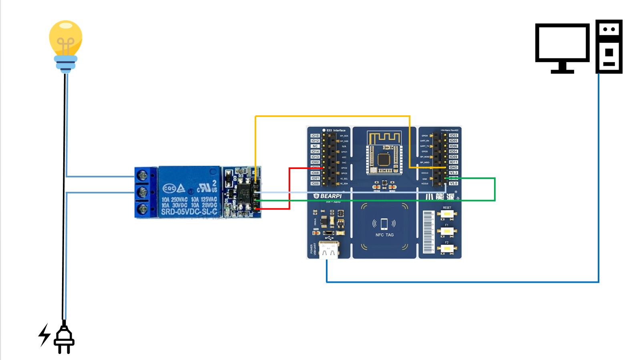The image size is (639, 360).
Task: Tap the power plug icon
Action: point(64,338)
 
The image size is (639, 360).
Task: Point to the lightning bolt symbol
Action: point(44,334)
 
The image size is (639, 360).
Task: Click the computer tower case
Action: point(609,46)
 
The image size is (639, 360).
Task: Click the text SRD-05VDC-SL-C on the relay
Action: point(189,211)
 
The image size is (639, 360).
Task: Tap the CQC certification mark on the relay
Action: point(169,188)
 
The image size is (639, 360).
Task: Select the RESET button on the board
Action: point(447,214)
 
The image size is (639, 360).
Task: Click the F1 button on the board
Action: point(447,231)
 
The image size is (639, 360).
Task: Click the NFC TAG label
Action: point(384,235)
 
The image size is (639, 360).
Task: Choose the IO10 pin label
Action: point(315,136)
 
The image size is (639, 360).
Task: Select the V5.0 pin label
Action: point(453,183)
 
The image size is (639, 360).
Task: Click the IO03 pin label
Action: point(453,135)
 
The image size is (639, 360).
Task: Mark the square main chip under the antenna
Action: point(384,159)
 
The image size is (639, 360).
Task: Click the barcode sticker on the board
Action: point(428,232)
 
